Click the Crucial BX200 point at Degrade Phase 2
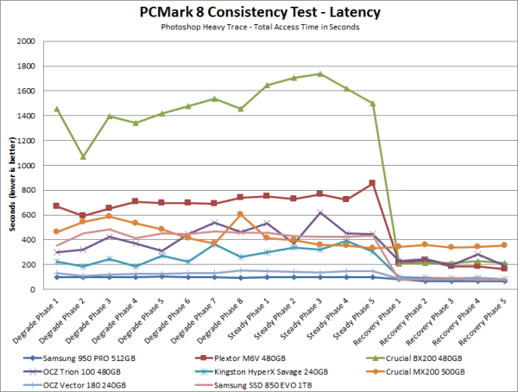point(82,157)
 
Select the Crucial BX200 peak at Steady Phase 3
point(320,74)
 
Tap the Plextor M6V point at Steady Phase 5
point(372,183)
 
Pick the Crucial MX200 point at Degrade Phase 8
point(241,214)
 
